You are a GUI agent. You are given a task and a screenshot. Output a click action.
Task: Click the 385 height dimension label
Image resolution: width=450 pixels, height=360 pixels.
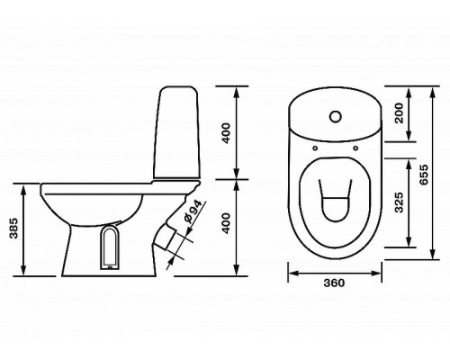(13, 229)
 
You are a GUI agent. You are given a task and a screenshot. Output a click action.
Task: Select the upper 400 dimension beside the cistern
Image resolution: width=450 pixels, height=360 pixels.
(226, 133)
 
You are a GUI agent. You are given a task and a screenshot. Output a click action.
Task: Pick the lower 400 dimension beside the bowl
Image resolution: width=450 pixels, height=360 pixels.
(226, 223)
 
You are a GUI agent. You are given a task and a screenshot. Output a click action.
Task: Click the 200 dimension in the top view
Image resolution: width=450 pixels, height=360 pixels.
(399, 113)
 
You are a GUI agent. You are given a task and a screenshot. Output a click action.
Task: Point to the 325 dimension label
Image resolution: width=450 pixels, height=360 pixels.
(399, 202)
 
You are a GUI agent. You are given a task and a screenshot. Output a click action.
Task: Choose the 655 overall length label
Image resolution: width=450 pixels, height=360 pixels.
(424, 175)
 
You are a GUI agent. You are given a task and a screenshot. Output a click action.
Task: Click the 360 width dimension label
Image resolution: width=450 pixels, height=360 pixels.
(334, 283)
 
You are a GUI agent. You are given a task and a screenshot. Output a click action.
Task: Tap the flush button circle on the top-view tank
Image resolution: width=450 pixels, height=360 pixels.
(336, 117)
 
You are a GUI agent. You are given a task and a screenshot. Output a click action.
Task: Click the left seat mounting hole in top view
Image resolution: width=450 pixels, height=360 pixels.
(315, 148)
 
